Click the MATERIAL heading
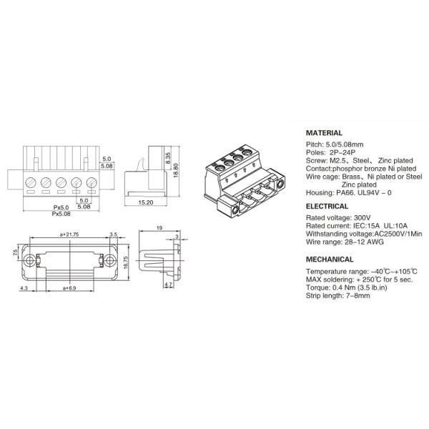pyautogui.click(x=324, y=133)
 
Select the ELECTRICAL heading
pyautogui.click(x=327, y=207)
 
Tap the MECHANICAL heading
pyautogui.click(x=330, y=260)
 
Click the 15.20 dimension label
pyautogui.click(x=146, y=202)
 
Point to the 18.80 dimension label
pyautogui.click(x=176, y=170)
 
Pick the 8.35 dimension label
pyautogui.click(x=168, y=158)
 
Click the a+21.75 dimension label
pyautogui.click(x=69, y=235)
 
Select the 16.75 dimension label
pyautogui.click(x=126, y=262)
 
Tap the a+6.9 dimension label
pyautogui.click(x=69, y=288)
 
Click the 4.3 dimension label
pyautogui.click(x=24, y=288)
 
